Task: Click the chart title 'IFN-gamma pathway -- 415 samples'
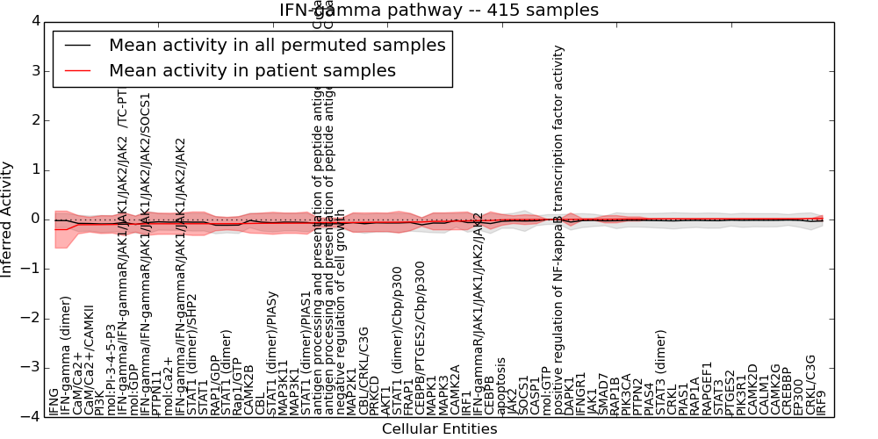[x=438, y=10]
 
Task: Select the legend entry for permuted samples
[x=277, y=45]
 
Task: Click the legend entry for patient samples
[x=252, y=70]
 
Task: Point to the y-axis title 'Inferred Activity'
[x=7, y=219]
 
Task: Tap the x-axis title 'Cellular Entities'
[x=439, y=429]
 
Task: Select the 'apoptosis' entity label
[x=501, y=386]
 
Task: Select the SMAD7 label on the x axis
[x=603, y=395]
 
